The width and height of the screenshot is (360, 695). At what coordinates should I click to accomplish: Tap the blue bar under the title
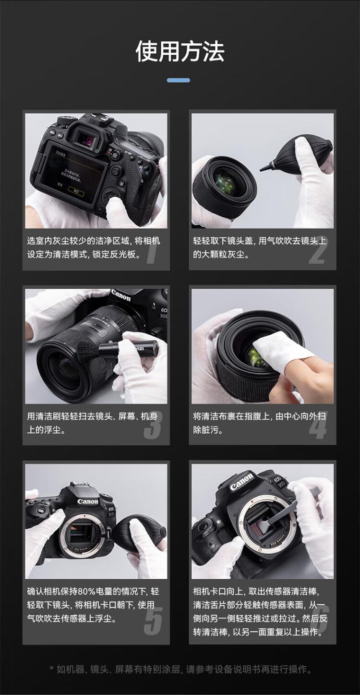[x=178, y=80]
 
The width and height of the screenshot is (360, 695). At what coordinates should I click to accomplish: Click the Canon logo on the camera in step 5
[x=87, y=502]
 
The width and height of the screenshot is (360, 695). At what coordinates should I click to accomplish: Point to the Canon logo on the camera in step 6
[x=241, y=482]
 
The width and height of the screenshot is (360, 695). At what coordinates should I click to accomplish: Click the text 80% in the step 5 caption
[x=87, y=591]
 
